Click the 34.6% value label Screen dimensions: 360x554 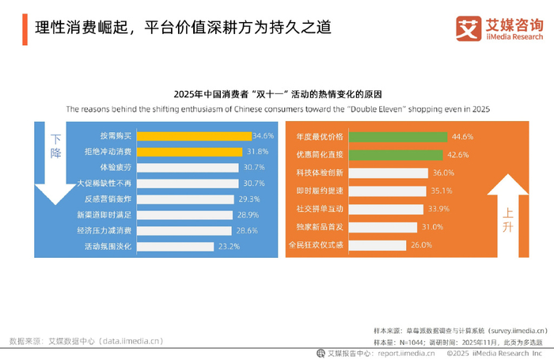click(x=264, y=136)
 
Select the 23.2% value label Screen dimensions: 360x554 click(x=229, y=247)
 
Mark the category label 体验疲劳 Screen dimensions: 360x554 click(x=115, y=168)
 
